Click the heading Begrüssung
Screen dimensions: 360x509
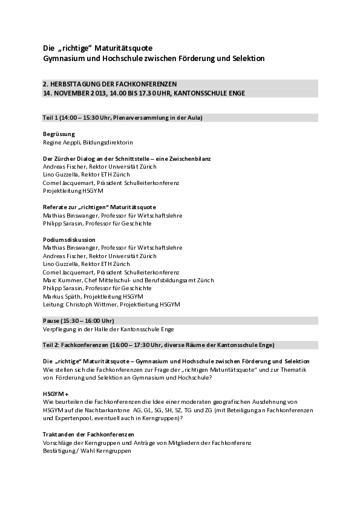click(59, 133)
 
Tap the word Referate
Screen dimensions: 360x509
click(56, 207)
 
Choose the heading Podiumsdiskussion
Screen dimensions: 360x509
click(70, 239)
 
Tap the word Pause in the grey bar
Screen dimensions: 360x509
click(52, 320)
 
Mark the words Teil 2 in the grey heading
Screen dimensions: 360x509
click(51, 345)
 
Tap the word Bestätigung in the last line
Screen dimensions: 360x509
click(61, 450)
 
